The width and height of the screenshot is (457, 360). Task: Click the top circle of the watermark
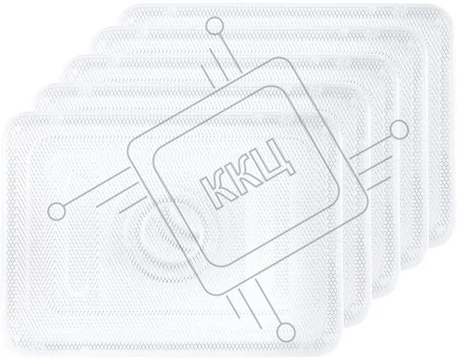(214, 26)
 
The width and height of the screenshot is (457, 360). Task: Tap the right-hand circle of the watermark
(399, 131)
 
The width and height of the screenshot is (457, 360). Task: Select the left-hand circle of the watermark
(57, 211)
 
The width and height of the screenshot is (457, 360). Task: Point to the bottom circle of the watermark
(286, 332)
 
